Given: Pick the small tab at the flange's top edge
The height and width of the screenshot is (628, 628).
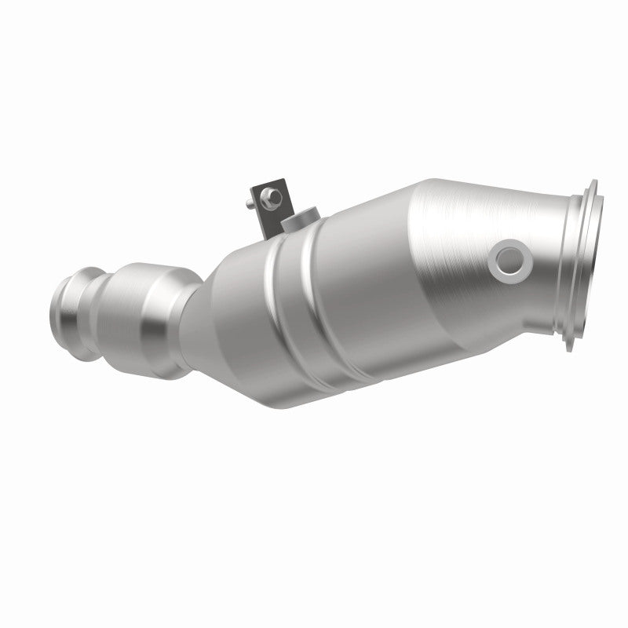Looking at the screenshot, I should pos(590,182).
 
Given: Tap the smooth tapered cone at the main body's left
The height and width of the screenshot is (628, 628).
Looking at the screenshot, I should pos(235,298).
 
